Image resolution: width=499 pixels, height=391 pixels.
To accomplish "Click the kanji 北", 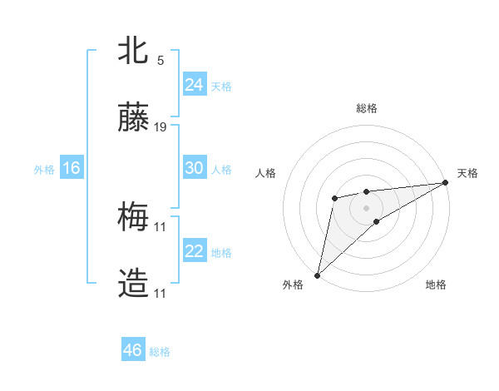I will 133,52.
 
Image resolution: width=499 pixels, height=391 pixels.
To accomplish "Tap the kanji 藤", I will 133,119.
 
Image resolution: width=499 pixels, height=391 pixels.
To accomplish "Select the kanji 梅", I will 133,218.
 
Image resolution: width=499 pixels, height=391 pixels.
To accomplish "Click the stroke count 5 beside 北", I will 161,60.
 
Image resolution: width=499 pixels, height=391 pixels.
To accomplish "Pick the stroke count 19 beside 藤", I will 161,127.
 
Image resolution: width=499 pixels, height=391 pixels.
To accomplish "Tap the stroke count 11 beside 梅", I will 161,226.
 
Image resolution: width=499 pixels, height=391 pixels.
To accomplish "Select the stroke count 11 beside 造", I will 161,294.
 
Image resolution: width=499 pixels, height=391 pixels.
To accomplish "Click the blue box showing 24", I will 195,85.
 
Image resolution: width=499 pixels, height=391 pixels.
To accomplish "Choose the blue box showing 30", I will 195,168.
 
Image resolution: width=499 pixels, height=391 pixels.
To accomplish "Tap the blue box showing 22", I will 195,251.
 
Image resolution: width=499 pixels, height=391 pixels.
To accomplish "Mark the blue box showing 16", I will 72,168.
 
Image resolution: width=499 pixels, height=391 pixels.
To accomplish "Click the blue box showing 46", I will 133,350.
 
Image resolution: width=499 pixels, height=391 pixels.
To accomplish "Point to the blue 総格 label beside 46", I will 160,352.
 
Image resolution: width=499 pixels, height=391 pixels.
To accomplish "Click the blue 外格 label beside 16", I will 44,170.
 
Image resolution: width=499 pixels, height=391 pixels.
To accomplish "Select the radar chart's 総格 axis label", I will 367,108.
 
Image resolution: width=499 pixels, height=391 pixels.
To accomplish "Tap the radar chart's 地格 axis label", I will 436,285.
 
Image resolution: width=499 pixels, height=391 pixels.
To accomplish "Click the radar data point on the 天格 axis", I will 447,183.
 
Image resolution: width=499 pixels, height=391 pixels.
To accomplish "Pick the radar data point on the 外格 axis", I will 317,275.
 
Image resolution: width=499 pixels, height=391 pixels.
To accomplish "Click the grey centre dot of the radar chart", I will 367,205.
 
